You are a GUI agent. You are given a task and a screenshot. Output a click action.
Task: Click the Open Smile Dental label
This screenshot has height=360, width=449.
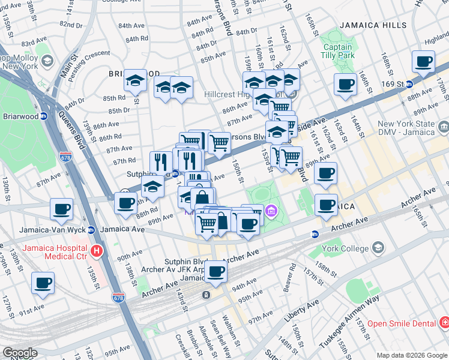coord(401,323)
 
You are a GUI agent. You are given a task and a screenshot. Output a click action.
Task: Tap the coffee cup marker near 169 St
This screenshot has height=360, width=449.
coord(423,62)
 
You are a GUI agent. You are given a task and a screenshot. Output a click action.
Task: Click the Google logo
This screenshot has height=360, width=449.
coord(20,353)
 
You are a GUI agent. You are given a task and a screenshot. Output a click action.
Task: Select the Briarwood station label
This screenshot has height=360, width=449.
coord(19,116)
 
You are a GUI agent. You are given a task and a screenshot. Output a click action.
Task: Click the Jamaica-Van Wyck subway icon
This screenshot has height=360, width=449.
coord(91,230)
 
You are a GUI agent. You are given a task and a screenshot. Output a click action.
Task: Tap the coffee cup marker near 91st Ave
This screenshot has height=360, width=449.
coord(43,283)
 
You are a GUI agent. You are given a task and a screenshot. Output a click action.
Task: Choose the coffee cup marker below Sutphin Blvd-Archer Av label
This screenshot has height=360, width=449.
coord(215,272)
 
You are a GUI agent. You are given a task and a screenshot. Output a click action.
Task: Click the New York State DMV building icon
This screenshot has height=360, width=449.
coord(444,127)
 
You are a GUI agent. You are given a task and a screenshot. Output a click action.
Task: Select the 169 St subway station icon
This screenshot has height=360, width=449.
coord(409,84)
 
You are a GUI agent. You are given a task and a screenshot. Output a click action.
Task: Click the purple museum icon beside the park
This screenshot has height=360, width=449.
coord(271,211)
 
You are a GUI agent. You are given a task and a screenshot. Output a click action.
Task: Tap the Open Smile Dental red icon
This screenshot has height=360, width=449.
coord(444,323)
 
